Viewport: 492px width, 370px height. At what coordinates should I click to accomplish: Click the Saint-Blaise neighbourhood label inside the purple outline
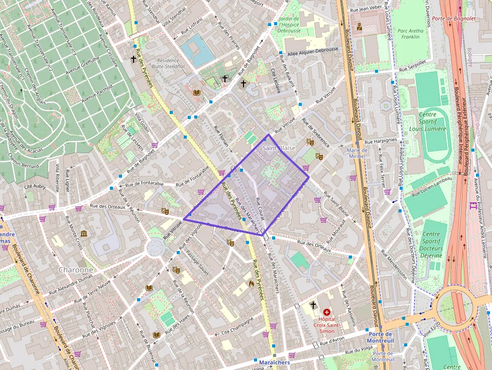279,148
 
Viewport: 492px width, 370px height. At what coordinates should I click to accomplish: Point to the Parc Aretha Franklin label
411,34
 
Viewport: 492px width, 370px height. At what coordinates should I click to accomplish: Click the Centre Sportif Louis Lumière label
432,121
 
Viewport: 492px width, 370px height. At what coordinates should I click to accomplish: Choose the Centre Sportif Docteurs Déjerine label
431,245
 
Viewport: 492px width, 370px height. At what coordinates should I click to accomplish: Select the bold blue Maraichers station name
275,362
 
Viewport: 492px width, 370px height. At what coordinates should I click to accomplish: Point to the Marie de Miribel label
357,153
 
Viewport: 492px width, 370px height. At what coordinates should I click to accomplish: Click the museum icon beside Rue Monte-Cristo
83,234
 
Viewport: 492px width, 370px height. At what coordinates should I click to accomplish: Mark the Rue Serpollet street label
413,69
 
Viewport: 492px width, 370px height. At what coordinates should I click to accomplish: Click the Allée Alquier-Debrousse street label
313,52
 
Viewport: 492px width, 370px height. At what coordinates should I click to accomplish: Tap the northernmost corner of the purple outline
268,135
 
